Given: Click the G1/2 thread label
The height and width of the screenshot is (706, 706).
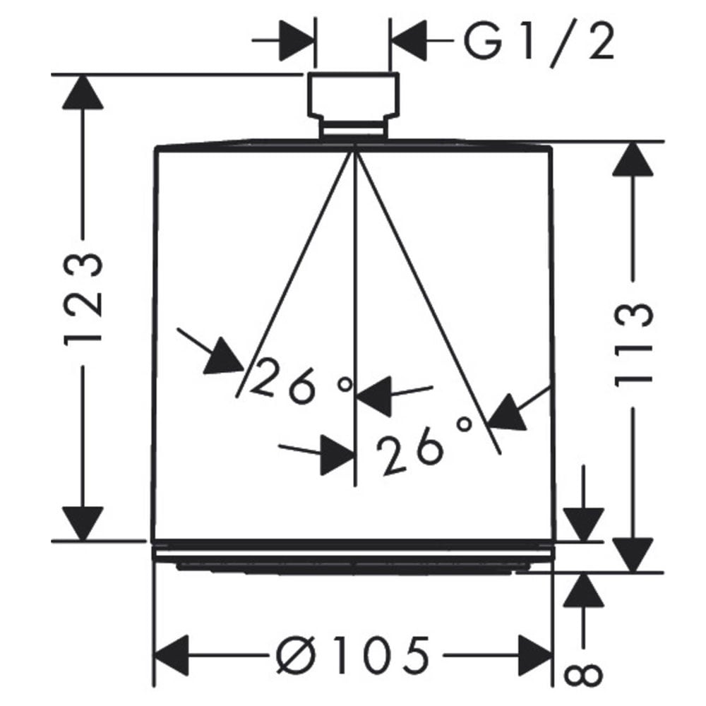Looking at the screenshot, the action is coord(539,42).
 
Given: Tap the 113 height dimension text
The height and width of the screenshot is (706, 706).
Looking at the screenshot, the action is coord(633,345).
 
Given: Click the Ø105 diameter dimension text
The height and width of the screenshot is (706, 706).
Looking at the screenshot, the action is coord(352,656).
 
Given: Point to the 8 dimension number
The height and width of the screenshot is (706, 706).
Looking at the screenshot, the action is coord(583,675).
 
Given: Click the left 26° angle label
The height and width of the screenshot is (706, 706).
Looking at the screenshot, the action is coord(301,381).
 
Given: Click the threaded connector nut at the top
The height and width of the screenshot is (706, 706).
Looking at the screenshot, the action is coord(353,105).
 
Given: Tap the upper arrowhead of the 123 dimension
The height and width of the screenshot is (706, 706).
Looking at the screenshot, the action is coord(83,92).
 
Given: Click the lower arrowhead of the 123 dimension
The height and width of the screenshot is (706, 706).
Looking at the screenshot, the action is coord(83,523).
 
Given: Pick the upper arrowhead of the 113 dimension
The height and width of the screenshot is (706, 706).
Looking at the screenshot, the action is coord(633,159).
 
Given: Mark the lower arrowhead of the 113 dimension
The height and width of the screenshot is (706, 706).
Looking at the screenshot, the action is coord(633,555).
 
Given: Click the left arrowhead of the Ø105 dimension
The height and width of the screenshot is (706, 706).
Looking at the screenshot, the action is coord(172,656).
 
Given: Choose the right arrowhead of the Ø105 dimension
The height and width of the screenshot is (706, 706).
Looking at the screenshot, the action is coord(535,656).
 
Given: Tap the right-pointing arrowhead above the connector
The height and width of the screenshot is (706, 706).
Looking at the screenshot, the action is coord(297,40).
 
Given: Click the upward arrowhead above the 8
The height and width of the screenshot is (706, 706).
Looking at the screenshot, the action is coord(584,590).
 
